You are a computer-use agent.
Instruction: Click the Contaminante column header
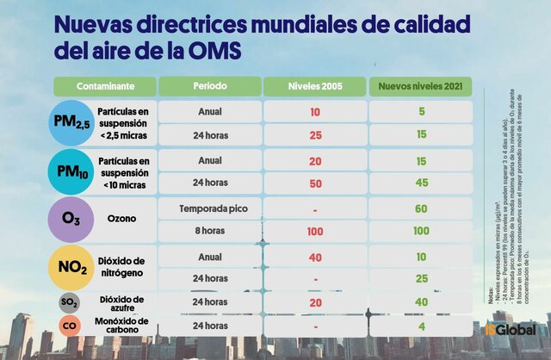pos(104,87)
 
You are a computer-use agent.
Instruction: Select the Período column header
pos(209,87)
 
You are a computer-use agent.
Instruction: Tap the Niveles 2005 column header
pos(315,87)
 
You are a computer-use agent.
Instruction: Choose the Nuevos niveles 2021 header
pos(421,87)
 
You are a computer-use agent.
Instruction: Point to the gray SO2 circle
pos(70,302)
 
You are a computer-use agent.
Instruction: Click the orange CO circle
pos(70,326)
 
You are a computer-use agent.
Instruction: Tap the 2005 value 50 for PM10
pos(315,183)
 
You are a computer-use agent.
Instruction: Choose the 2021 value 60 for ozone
pos(421,209)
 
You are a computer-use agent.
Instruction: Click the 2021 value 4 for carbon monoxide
pos(421,326)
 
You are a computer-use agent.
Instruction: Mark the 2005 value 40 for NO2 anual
pos(315,257)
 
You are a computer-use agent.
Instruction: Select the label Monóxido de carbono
pos(122,326)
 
